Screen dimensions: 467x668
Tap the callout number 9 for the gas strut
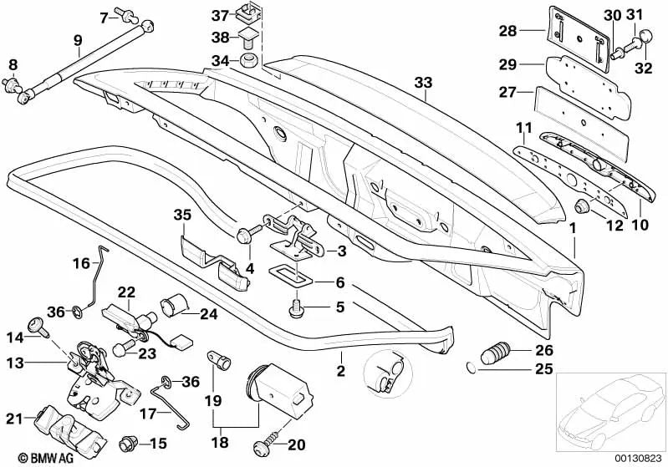pyautogui.click(x=78, y=40)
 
